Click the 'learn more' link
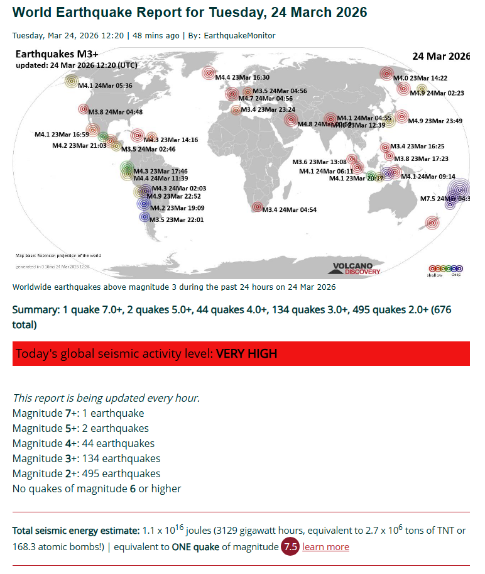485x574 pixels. (325, 547)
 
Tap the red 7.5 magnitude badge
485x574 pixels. (290, 547)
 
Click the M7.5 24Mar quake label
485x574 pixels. (444, 199)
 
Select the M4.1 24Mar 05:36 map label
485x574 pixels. (105, 86)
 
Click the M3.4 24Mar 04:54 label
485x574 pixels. (289, 209)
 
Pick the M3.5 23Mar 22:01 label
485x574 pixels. (177, 219)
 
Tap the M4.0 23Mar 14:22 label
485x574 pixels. (420, 78)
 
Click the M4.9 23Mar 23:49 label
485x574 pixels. (435, 121)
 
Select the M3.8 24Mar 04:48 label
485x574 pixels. (116, 112)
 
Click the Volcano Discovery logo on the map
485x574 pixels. (354, 268)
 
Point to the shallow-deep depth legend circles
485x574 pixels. (445, 269)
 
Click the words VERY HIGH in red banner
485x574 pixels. (246, 353)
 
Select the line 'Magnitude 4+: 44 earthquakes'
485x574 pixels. (84, 443)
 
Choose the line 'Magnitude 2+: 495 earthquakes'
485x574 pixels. (86, 473)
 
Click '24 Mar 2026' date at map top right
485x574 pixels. (441, 56)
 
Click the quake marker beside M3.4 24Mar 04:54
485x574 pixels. (256, 207)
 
